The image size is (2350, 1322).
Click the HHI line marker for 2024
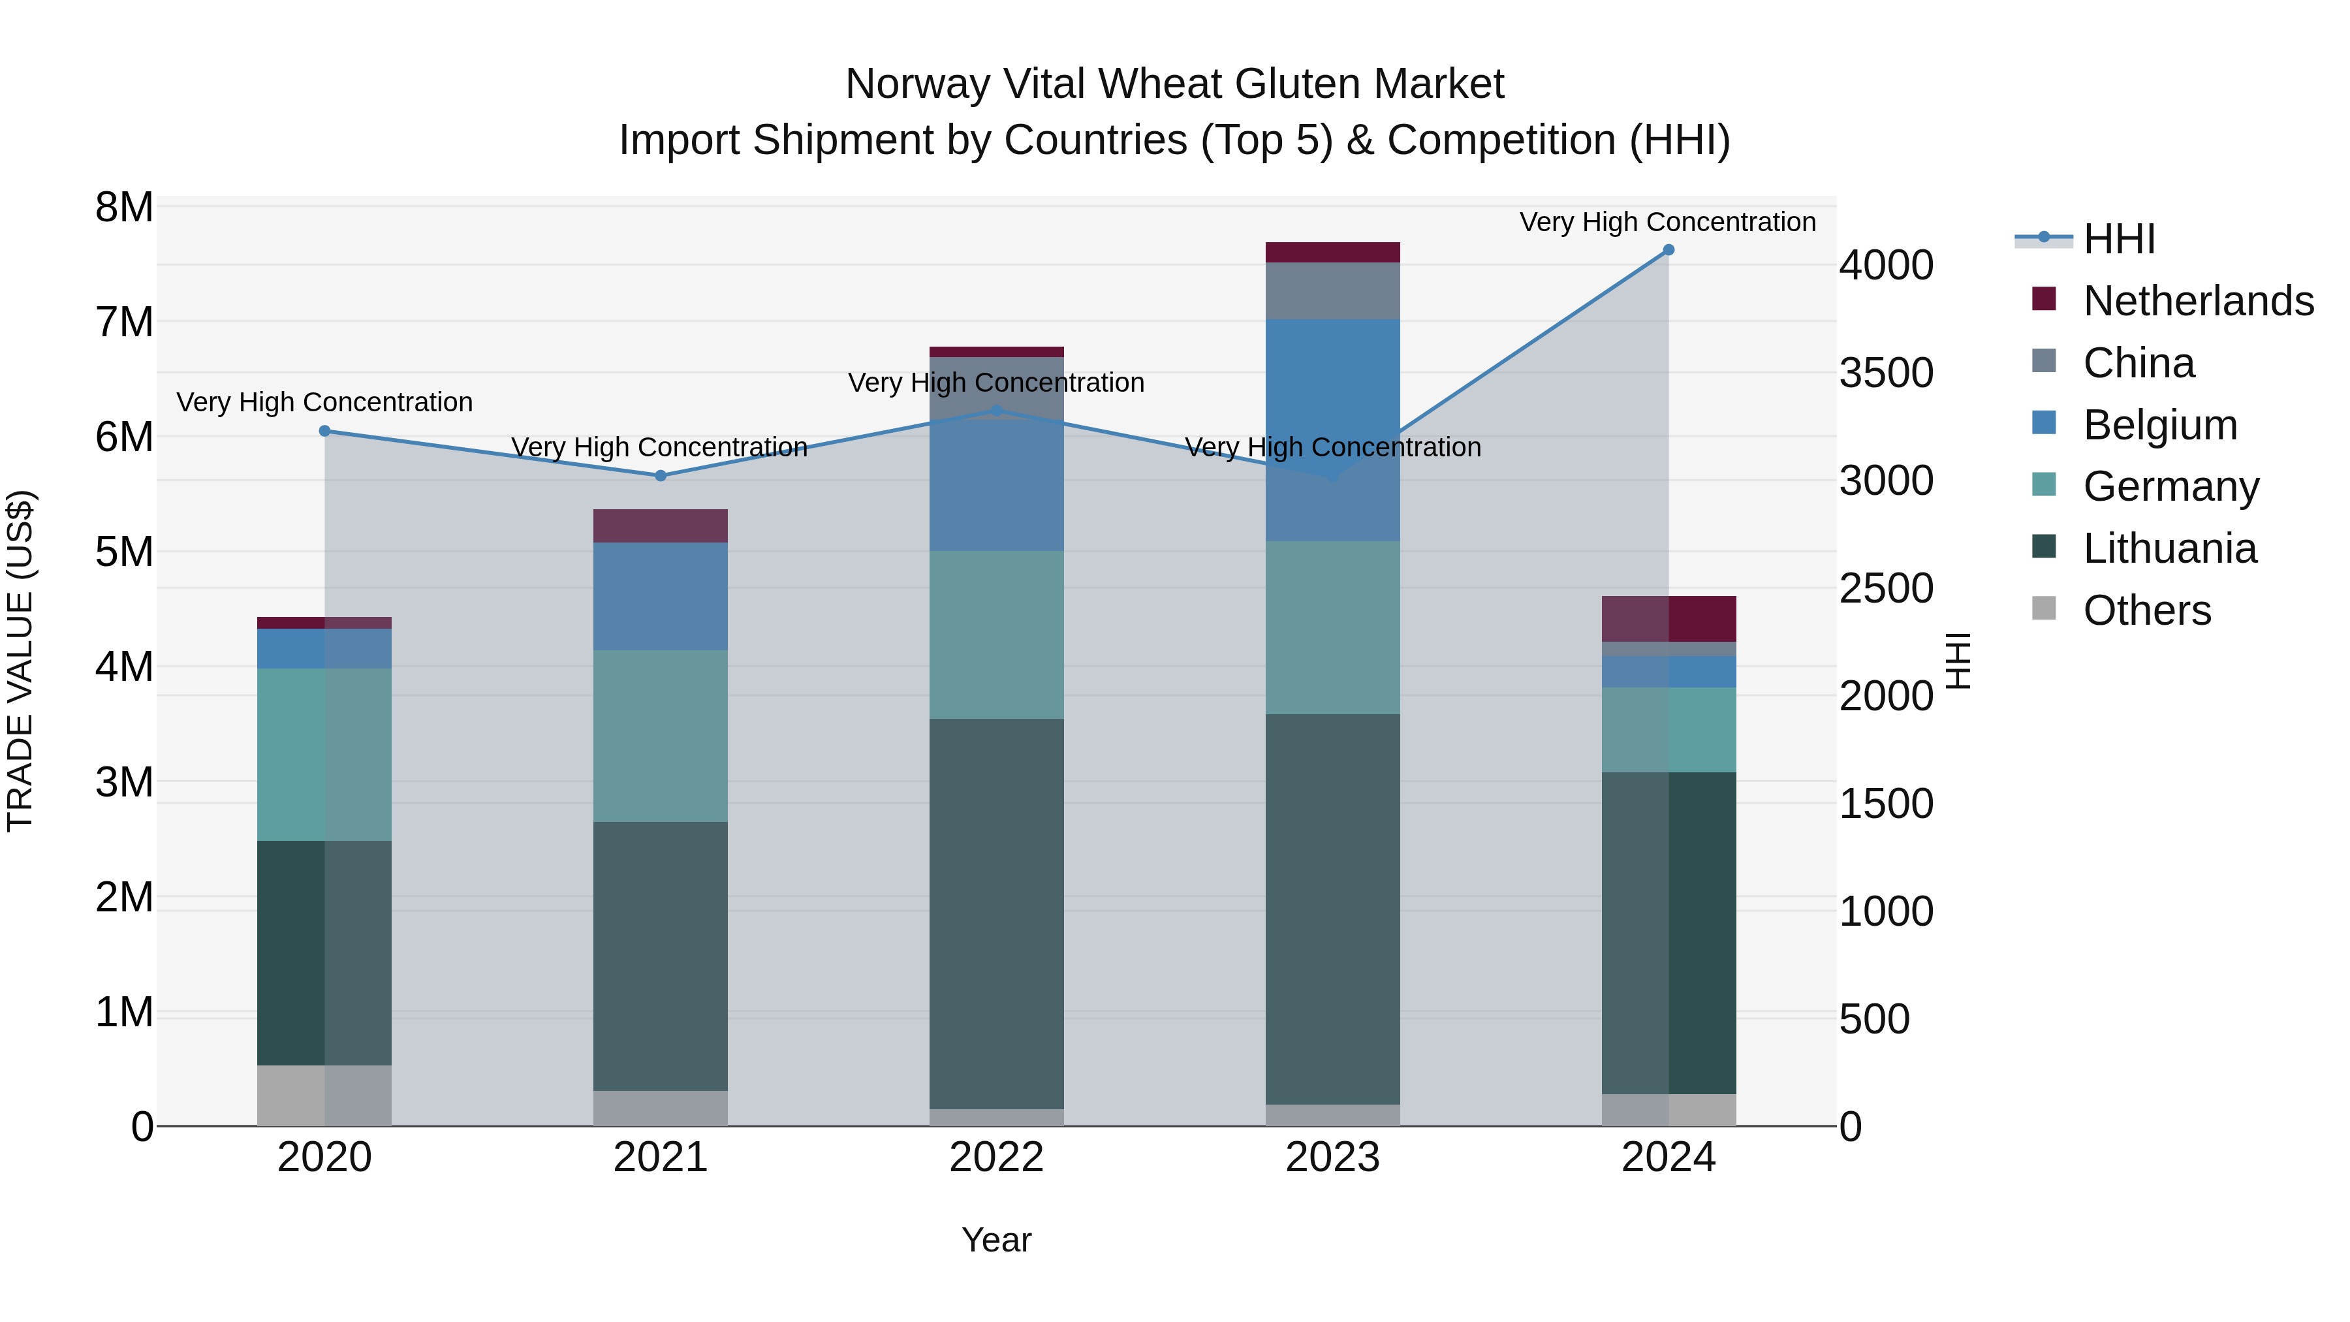click(x=1668, y=250)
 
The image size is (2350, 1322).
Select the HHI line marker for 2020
click(x=325, y=431)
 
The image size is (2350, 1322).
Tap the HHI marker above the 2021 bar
click(x=661, y=475)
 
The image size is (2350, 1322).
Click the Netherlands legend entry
click(x=2199, y=300)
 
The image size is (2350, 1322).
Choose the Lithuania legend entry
click(x=2169, y=548)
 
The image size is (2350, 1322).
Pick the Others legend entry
click(x=2146, y=610)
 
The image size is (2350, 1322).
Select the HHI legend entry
click(x=2118, y=239)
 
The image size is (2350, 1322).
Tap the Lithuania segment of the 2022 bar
click(x=996, y=913)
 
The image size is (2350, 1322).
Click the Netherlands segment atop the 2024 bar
click(x=1668, y=619)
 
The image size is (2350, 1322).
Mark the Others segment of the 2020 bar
click(x=325, y=1095)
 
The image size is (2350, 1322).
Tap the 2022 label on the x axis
click(x=996, y=1157)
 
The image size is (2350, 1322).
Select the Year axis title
click(x=996, y=1240)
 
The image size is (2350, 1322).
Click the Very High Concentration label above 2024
click(x=1668, y=222)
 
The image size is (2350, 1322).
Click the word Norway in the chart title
click(x=918, y=84)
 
